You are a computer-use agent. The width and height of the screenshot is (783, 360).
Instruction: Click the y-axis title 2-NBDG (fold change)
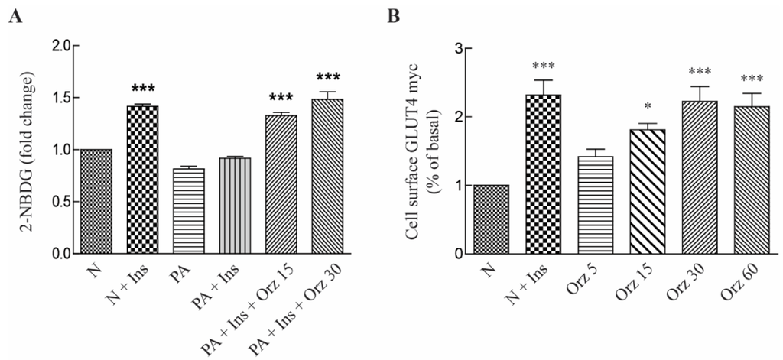coord(30,150)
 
